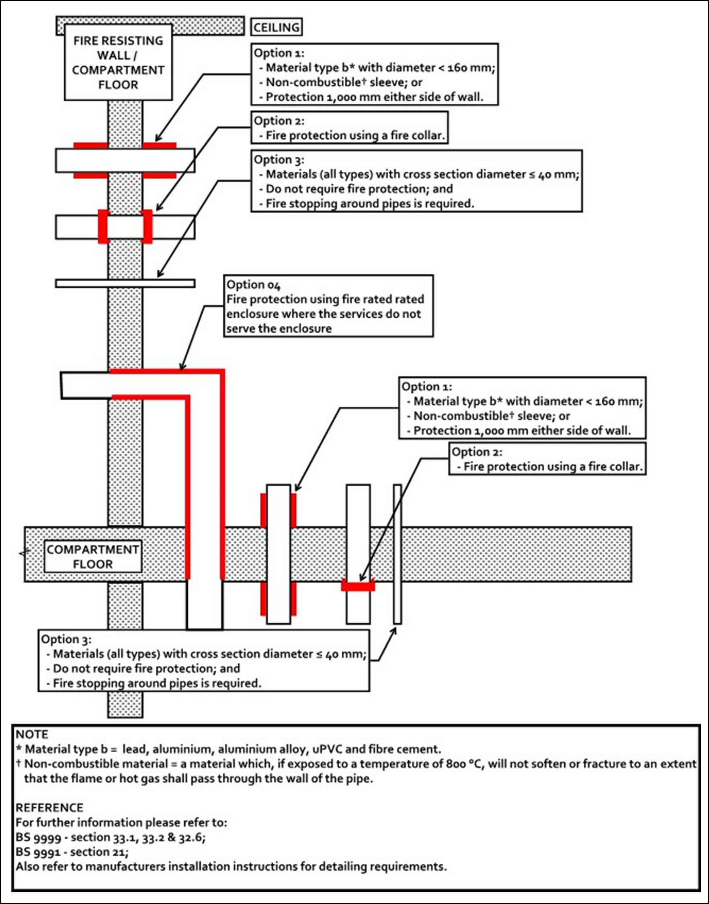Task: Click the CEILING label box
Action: coord(277,27)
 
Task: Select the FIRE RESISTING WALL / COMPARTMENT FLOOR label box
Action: coord(118,62)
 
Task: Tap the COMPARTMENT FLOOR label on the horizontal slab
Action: coord(92,557)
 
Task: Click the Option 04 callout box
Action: coord(328,306)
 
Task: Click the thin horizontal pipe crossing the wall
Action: coord(125,283)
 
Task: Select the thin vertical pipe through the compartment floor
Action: coord(397,554)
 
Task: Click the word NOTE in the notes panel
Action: coord(32,734)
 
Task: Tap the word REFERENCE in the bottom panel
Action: coord(49,807)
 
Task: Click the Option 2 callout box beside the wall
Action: coord(350,128)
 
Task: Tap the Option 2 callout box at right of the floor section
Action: coord(547,459)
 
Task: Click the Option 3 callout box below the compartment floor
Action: coord(204,661)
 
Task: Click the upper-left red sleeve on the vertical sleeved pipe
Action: coord(263,510)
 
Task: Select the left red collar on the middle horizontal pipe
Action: coord(103,227)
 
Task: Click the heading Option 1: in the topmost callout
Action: coord(279,53)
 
